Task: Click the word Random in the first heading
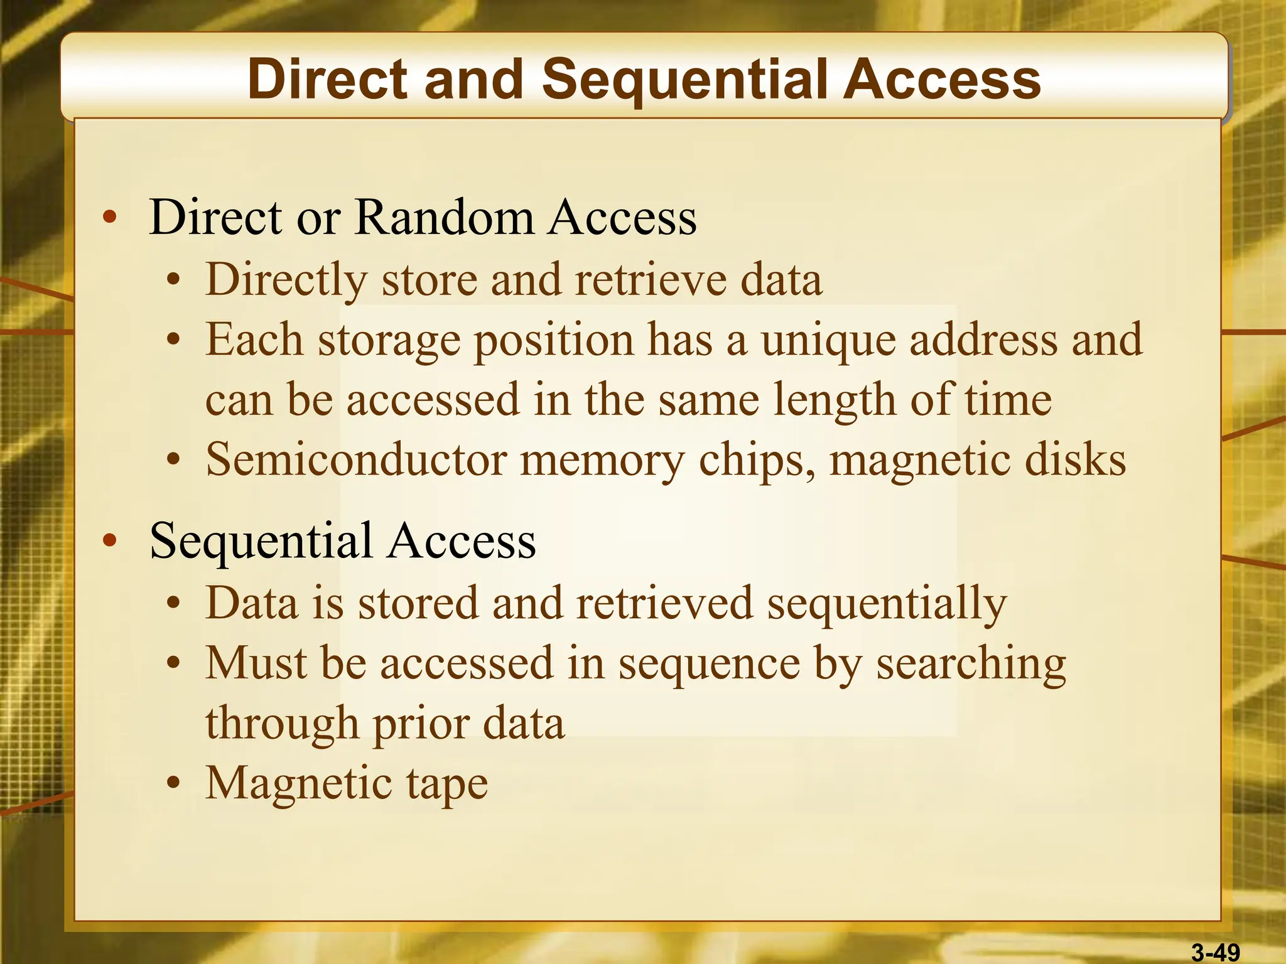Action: (444, 217)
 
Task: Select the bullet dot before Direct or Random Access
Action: (110, 218)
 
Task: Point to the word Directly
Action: (286, 280)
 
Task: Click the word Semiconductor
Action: (356, 459)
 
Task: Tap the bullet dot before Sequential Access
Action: (110, 540)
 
